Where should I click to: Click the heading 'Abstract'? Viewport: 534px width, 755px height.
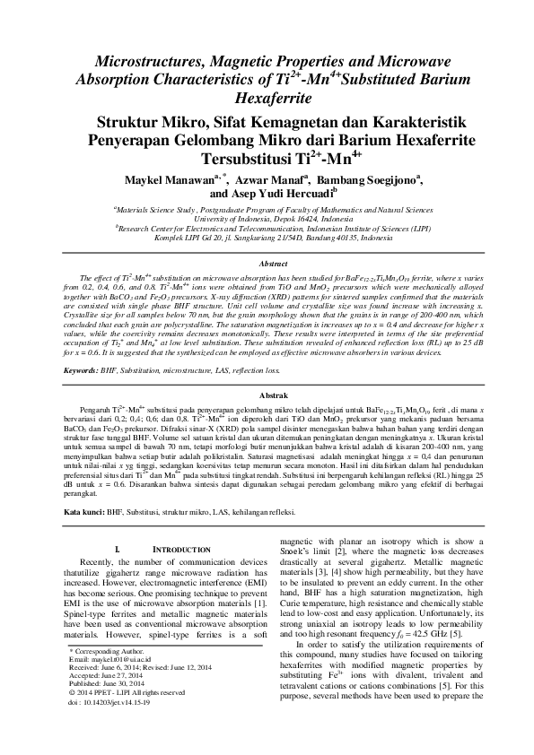[267, 265]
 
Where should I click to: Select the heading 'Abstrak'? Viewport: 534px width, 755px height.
[267, 395]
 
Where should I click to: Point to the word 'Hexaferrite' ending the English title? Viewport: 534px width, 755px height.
[267, 91]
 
